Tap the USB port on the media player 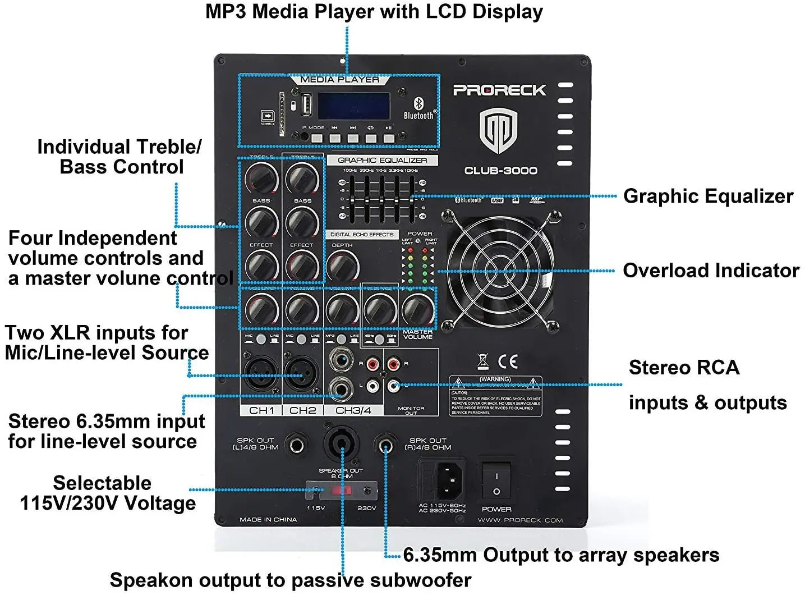(x=306, y=106)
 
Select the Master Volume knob (x=417, y=308)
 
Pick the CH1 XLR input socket (x=261, y=371)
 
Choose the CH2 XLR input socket (x=302, y=371)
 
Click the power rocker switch (x=496, y=481)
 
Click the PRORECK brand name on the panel (x=499, y=90)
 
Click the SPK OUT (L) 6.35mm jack (x=296, y=446)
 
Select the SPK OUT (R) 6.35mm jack (x=385, y=446)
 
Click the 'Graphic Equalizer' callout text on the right (x=708, y=196)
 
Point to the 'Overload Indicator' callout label (x=711, y=271)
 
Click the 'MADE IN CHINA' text (x=268, y=520)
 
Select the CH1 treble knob (x=261, y=178)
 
